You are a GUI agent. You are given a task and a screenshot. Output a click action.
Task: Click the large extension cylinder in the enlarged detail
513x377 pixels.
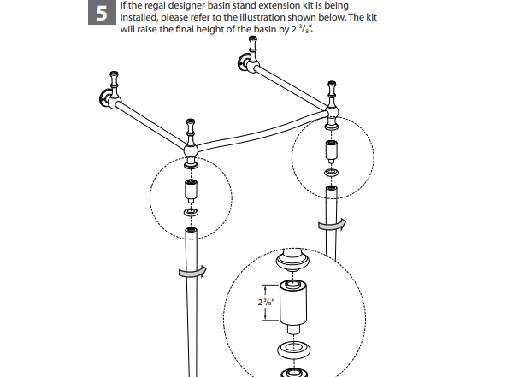292,304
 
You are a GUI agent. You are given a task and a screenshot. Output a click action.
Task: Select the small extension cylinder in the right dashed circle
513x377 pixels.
329,152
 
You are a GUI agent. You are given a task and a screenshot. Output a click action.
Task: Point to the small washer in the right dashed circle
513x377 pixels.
329,172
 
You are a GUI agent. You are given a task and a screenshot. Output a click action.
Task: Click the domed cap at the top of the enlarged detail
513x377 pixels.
292,260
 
